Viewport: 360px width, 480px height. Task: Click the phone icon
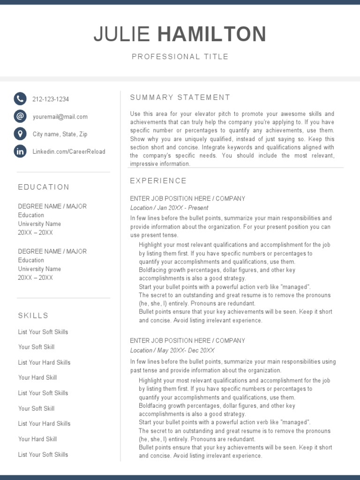point(20,98)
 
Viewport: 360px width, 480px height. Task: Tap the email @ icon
point(20,116)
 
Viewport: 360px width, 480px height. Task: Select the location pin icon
point(20,134)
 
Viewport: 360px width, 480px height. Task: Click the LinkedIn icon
point(20,151)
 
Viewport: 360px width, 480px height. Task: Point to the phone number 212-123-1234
point(51,99)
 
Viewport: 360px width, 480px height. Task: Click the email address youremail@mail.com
point(60,117)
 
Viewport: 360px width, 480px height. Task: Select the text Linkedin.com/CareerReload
point(69,152)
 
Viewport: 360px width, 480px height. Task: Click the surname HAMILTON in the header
point(212,35)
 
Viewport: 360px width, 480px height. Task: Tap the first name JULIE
point(122,35)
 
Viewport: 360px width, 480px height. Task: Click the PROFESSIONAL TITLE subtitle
point(180,57)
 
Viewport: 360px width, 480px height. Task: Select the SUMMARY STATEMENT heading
point(180,97)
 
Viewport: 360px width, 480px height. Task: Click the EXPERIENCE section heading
point(158,181)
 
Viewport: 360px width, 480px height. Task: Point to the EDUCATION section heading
point(44,187)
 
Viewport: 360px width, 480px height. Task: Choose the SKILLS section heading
point(33,315)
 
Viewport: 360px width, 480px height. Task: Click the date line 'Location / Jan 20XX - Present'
point(169,208)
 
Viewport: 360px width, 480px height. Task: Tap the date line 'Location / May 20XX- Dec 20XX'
point(172,350)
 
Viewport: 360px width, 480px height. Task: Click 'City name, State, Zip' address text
point(60,134)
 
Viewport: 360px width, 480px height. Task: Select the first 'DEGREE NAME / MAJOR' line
point(52,206)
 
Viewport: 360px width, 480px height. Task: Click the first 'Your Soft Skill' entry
point(36,347)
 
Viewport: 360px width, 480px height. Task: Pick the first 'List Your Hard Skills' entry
point(44,362)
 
